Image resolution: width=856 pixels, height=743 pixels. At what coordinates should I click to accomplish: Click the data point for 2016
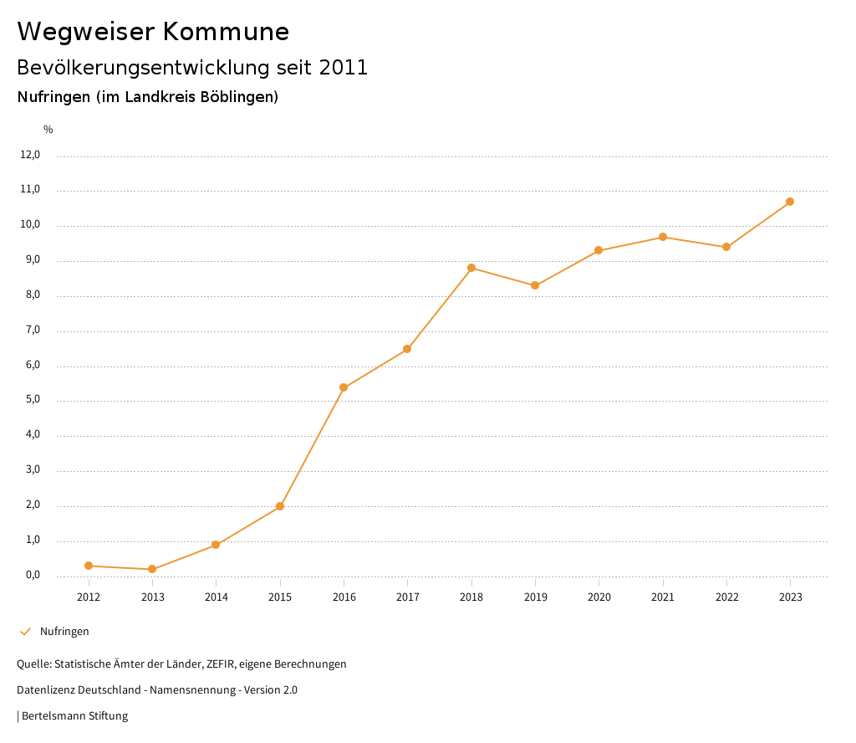344,387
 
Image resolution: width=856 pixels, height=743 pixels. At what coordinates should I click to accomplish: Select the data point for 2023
790,202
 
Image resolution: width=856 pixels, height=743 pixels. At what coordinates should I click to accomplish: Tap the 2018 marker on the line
471,268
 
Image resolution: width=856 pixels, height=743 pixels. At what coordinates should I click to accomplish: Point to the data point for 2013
152,569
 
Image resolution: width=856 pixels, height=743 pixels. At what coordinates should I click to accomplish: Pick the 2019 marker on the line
535,285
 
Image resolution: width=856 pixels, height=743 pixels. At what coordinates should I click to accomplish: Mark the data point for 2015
280,506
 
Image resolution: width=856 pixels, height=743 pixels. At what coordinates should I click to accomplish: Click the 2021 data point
663,237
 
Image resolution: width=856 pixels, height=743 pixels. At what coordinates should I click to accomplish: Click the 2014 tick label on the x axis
216,597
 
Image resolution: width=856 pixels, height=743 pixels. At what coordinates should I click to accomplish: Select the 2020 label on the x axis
599,597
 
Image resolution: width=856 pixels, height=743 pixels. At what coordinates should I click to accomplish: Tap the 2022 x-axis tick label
726,597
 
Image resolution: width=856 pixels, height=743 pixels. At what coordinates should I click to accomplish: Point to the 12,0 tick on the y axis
30,155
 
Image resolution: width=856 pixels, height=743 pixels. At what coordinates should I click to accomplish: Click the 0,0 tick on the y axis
33,575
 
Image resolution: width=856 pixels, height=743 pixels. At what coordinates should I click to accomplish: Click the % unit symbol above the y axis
48,130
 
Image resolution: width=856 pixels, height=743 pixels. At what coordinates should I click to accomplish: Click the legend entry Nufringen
64,632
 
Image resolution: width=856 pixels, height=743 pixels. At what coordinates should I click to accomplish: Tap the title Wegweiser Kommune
153,32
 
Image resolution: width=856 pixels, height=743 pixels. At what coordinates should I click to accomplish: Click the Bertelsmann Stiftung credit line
74,716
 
